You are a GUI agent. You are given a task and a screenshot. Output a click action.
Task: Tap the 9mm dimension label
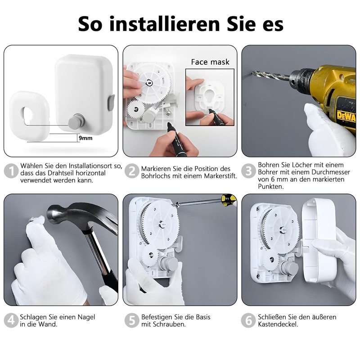[85, 138]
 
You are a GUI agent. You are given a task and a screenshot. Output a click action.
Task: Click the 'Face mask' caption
[210, 62]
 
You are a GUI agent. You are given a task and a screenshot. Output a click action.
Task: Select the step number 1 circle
[11, 171]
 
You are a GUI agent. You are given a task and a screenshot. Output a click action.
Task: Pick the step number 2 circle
[132, 171]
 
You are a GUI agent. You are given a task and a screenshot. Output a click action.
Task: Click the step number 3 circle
[249, 171]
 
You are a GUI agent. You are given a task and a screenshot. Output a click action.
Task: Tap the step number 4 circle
[11, 320]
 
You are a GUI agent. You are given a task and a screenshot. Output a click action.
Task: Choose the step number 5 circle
[132, 320]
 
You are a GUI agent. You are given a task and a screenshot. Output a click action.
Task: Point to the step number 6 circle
[249, 320]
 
